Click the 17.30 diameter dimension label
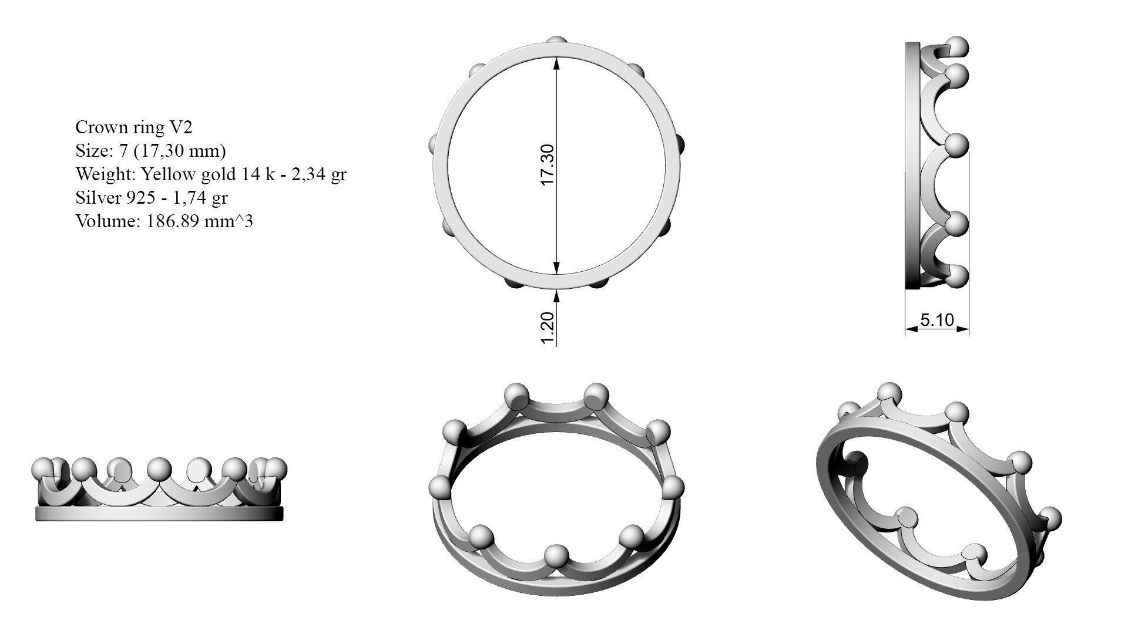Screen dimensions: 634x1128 point(546,165)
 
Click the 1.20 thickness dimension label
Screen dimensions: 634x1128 point(546,329)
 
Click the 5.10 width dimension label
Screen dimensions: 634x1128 point(936,320)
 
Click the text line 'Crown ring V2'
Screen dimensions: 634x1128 point(133,127)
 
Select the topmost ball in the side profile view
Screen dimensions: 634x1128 point(958,47)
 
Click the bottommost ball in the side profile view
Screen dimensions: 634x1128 point(958,276)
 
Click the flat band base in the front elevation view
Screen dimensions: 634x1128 point(159,514)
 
